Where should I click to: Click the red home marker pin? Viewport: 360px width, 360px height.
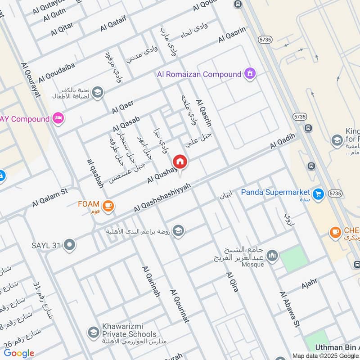coord(180,162)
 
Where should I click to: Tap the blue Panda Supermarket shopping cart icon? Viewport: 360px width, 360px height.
coord(319,193)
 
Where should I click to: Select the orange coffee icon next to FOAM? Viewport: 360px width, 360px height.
coord(108,206)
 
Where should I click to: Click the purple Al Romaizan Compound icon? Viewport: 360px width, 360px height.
coord(250,73)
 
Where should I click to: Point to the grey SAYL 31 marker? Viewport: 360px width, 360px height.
coord(70,245)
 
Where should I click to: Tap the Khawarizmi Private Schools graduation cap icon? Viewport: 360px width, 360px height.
coord(94,332)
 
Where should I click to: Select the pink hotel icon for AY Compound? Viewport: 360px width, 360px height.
coord(58,119)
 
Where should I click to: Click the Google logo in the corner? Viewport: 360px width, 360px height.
coord(19,353)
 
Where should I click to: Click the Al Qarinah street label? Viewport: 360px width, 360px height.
coord(151,281)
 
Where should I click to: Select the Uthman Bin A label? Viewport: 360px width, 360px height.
coord(337,347)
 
